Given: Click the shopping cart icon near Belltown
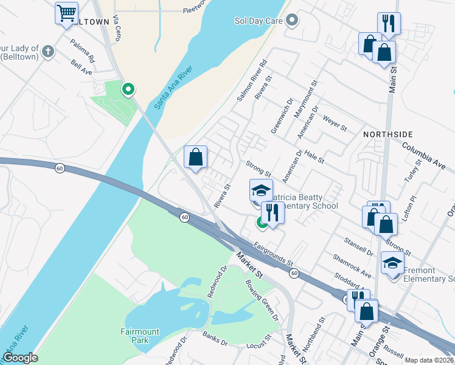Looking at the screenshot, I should (66, 12).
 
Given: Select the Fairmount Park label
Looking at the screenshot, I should (140, 336).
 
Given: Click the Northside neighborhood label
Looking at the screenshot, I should (388, 134).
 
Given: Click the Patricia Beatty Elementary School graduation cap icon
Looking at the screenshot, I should (261, 190).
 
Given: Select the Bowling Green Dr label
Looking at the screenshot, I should (261, 299).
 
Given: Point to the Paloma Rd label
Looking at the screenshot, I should (83, 52).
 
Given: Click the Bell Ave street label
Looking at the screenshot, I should (81, 67).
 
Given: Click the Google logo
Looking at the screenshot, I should (20, 358).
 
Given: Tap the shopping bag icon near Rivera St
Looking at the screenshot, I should (196, 157).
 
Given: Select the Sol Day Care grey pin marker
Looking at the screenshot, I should (292, 20).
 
